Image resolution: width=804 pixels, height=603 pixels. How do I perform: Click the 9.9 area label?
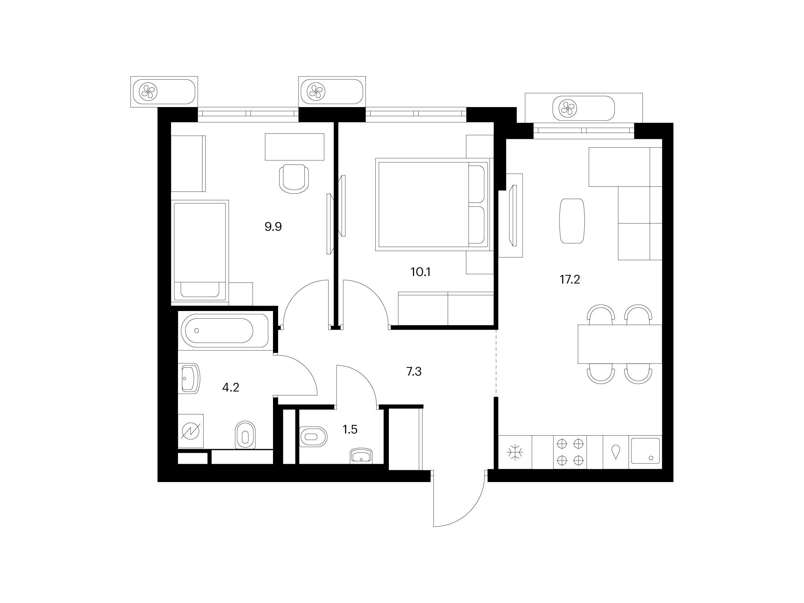click(273, 227)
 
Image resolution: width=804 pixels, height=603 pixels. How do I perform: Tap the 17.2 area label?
click(570, 280)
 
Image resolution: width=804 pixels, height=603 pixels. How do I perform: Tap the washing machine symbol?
click(191, 432)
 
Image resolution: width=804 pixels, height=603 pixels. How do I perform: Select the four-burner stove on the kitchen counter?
click(570, 452)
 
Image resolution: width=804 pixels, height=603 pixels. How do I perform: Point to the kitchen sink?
click(645, 452)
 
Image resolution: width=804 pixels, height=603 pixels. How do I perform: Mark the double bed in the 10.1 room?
click(432, 204)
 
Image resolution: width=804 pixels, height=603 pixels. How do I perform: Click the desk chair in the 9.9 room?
click(293, 179)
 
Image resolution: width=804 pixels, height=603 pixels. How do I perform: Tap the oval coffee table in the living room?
click(572, 221)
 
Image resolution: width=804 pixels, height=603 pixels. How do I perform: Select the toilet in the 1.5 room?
click(312, 436)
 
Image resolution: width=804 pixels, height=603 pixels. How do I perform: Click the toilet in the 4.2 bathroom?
click(245, 435)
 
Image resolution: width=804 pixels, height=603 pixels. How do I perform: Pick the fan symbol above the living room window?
click(569, 108)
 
